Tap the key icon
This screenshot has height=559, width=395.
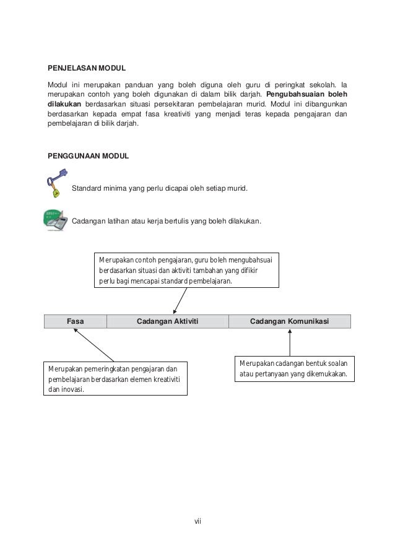[53, 185]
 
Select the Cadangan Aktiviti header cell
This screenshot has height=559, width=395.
[167, 321]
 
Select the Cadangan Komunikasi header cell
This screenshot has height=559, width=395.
[289, 321]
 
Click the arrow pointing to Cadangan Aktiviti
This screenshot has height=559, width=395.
[180, 301]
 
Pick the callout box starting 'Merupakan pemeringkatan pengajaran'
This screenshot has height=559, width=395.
[116, 379]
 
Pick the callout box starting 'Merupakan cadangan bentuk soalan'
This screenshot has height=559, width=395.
[295, 369]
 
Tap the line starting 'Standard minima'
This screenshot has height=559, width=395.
[159, 188]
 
